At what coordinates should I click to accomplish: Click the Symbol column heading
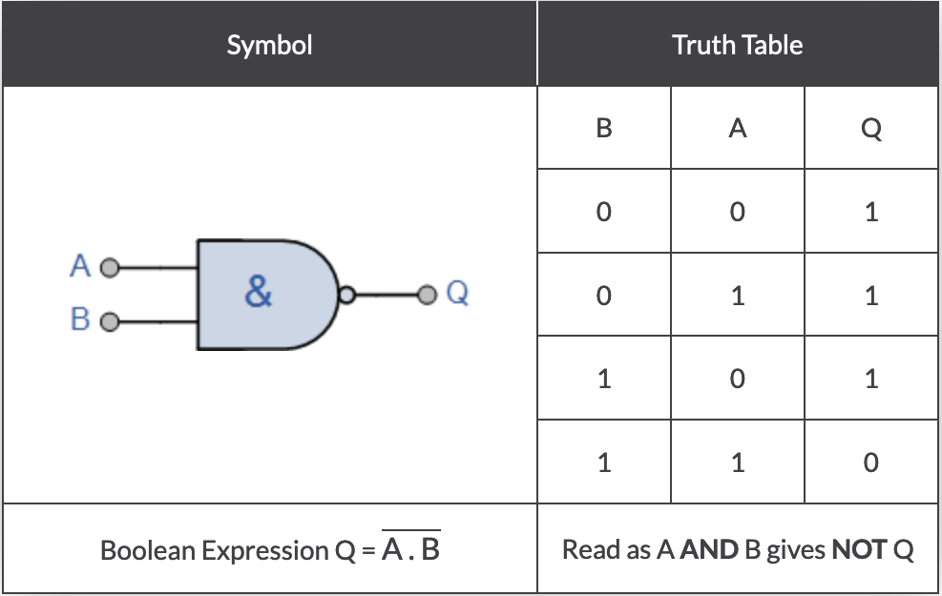[269, 45]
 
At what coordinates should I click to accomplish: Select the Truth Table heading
[737, 45]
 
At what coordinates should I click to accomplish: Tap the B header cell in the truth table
[603, 129]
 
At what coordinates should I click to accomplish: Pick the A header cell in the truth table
[737, 129]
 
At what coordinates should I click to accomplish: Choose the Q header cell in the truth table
[870, 129]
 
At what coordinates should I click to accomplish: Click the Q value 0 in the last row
[870, 463]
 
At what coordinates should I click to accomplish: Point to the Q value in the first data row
[870, 212]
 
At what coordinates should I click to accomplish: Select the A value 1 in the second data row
[737, 296]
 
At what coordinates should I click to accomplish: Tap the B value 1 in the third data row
[603, 380]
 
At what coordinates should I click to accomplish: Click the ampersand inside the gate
[258, 293]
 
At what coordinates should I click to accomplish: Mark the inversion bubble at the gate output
[348, 295]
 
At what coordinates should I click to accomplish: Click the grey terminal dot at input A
[110, 268]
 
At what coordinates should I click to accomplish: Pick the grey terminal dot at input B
[110, 321]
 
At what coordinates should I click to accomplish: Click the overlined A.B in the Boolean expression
[410, 549]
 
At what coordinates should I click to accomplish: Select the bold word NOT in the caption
[860, 550]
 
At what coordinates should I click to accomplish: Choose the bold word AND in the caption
[708, 550]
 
